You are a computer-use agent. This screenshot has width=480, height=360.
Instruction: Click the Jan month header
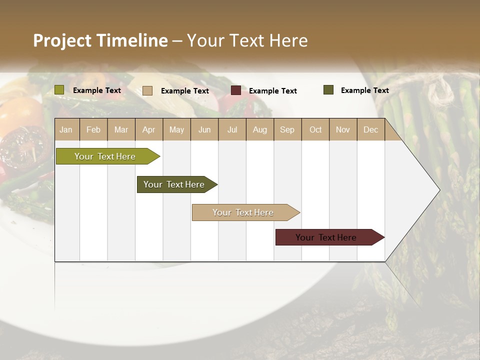tap(66, 130)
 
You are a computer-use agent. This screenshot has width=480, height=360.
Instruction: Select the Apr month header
tap(148, 130)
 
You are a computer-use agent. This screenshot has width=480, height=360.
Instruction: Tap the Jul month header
tap(232, 130)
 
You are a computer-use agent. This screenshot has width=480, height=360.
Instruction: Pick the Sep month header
tap(287, 130)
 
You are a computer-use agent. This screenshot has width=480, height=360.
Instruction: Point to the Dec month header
tap(370, 130)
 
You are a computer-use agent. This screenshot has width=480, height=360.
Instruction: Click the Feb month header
tap(93, 130)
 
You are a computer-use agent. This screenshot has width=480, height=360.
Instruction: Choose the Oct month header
tap(315, 130)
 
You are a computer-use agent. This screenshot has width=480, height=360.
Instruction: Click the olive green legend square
tap(59, 90)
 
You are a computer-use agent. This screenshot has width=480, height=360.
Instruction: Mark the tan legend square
tap(147, 90)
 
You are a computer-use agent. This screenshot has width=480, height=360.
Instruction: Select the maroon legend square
tap(236, 90)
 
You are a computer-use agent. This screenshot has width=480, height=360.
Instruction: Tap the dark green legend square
tap(328, 90)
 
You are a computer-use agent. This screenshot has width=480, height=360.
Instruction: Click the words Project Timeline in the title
tap(100, 40)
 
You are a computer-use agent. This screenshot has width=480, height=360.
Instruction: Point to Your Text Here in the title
tap(247, 40)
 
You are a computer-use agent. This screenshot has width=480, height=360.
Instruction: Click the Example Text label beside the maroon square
tap(272, 91)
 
